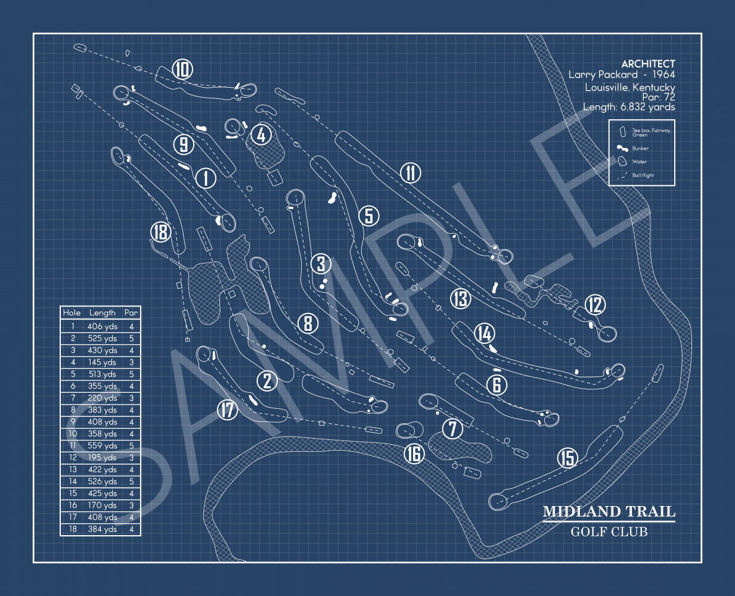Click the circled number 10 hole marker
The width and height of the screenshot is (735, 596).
pos(182,70)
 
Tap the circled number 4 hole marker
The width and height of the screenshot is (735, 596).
pos(261,135)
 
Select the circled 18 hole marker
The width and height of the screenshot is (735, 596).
pos(160,232)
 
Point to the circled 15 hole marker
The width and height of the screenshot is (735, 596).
pos(567,458)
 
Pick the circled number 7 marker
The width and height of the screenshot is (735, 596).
pos(453,428)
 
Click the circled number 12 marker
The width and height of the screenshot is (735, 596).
pos(595,305)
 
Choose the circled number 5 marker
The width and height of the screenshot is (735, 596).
pos(369,216)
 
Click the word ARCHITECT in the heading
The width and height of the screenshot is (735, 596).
pos(648,64)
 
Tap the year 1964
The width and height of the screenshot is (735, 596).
pos(663,74)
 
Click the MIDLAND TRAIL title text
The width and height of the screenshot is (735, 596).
pos(609,511)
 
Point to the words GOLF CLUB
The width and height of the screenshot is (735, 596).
pos(609,532)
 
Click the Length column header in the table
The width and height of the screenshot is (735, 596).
pos(103,312)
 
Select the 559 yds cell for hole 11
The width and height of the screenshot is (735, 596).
pos(103,445)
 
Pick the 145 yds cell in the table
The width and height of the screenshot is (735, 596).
pos(103,362)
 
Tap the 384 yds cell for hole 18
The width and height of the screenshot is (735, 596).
pos(103,529)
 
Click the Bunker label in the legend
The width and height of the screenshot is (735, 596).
pos(640,148)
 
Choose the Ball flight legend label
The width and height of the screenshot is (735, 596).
pos(643,175)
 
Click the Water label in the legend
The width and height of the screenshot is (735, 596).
pos(639,162)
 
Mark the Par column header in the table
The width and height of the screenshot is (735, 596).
pos(131,312)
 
